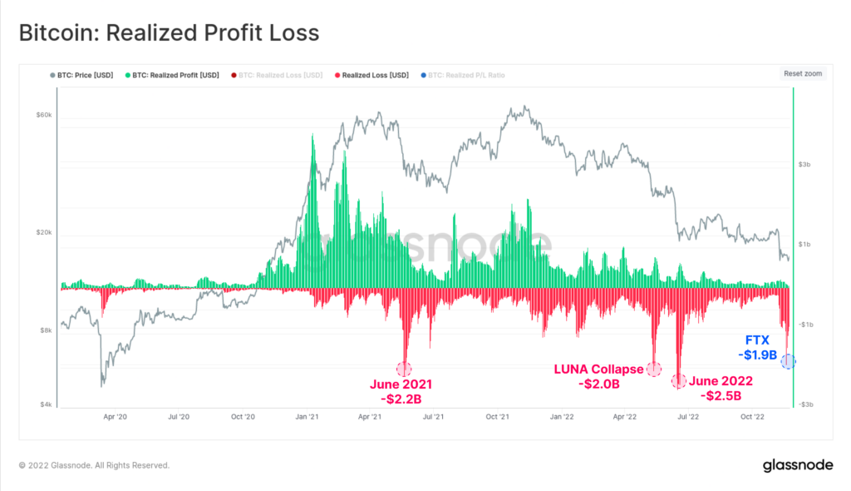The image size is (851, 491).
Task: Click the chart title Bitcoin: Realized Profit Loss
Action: coord(169,32)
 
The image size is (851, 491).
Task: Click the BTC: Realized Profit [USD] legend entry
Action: coord(172,75)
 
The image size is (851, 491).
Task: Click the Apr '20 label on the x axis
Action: coord(116,418)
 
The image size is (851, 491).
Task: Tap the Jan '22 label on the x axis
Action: coord(563,418)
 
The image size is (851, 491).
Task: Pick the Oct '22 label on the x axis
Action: coord(752,418)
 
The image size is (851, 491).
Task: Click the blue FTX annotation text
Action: coord(759,340)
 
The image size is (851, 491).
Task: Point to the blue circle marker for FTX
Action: coord(788,361)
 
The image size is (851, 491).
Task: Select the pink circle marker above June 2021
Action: coord(405,369)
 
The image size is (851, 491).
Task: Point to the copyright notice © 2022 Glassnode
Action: coord(94,465)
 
